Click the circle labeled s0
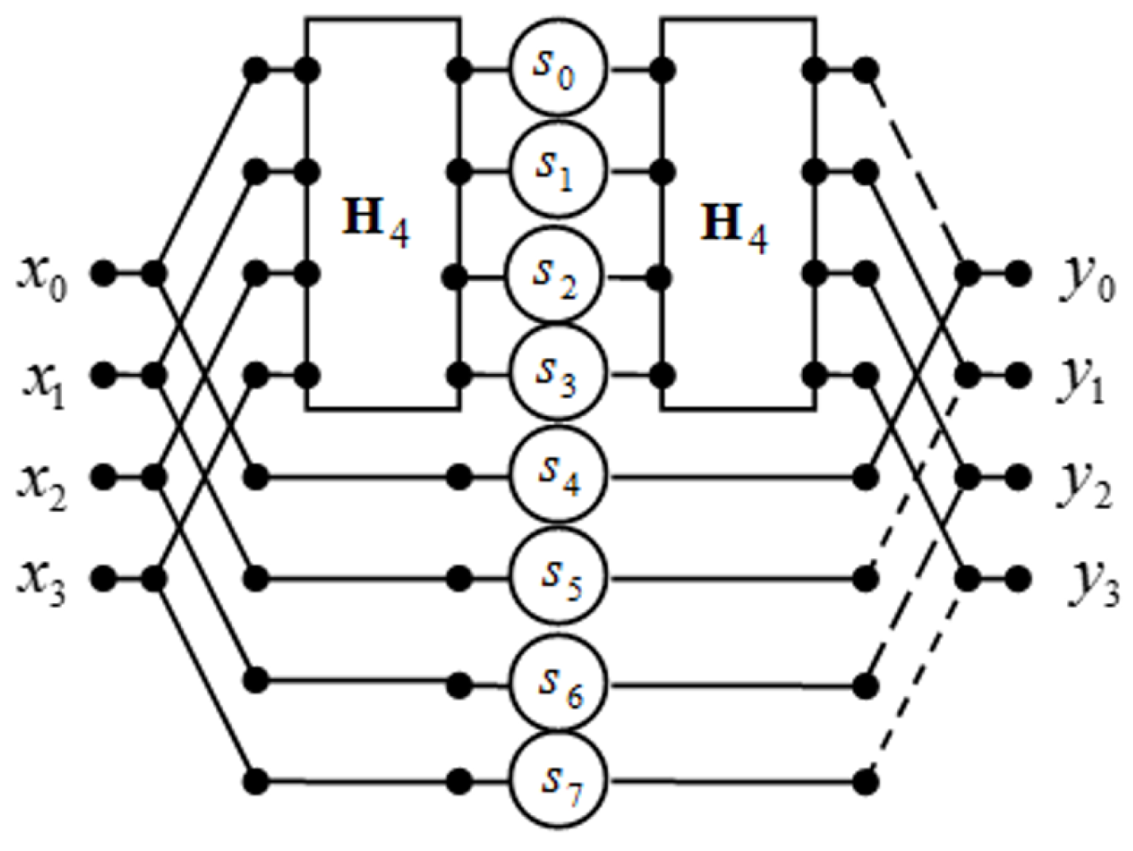[557, 69]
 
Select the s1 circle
[557, 170]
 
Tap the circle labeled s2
[557, 276]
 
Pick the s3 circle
[557, 373]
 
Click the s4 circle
[557, 476]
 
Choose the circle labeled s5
[557, 578]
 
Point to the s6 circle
[557, 681]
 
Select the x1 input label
[43, 380]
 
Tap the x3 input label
[43, 583]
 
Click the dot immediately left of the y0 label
[1018, 274]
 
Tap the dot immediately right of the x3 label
[102, 578]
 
